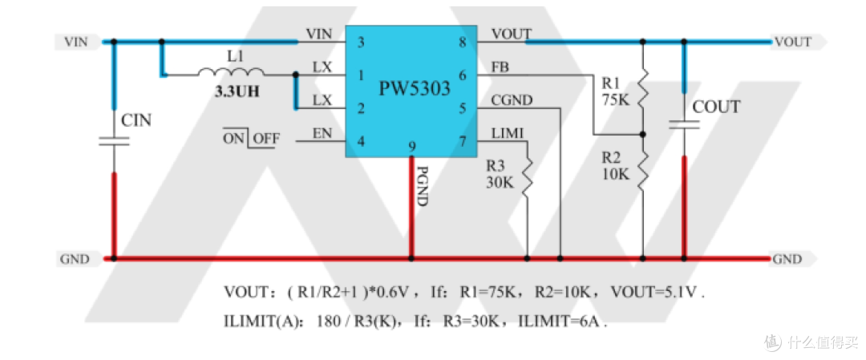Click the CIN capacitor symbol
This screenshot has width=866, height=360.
click(x=114, y=141)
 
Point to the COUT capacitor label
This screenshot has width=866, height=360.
click(x=716, y=107)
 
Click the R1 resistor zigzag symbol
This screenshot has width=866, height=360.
click(x=643, y=90)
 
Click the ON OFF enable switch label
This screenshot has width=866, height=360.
click(x=251, y=139)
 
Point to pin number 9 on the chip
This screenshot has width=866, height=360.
click(x=411, y=146)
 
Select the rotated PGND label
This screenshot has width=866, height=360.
click(x=423, y=187)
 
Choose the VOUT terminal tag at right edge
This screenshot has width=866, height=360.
click(x=795, y=42)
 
